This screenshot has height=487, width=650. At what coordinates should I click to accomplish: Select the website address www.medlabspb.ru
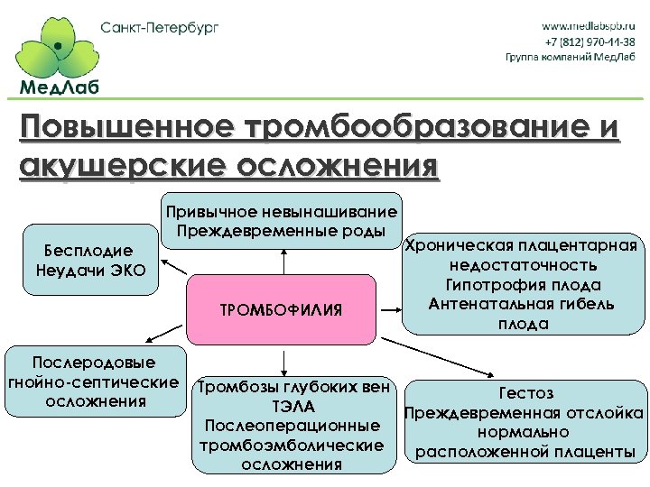(x=589, y=26)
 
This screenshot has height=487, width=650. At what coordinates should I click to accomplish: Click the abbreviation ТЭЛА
(x=293, y=407)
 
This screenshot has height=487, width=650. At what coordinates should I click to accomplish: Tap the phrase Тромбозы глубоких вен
(x=294, y=388)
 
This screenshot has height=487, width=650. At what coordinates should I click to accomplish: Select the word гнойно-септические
(x=92, y=382)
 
